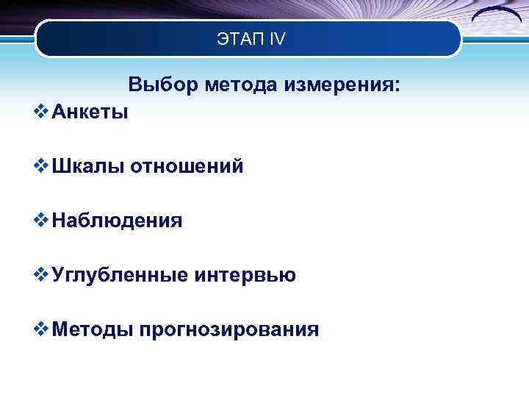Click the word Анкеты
point(90,112)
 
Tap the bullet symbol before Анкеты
point(42,112)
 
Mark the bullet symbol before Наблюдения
point(42,220)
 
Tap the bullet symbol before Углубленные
point(42,274)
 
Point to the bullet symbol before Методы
point(42,329)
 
